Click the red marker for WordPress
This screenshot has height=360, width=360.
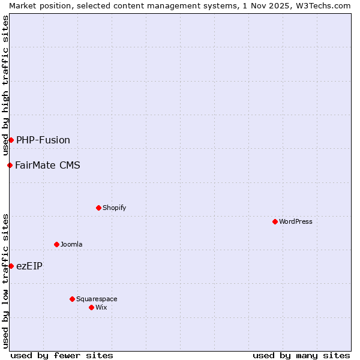(275, 221)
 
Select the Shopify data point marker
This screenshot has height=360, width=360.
(98, 208)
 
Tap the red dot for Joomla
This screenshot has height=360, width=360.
(56, 244)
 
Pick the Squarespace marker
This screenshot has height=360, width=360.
(72, 299)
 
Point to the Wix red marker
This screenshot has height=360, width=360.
(91, 307)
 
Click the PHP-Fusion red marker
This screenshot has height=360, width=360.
(11, 140)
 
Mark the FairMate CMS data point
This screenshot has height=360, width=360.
(10, 165)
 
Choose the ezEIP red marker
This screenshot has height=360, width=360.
(11, 266)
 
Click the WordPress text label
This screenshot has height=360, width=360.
(295, 221)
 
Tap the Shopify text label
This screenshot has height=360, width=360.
(114, 208)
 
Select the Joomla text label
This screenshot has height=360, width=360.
(71, 244)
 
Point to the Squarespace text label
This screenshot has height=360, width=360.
(97, 299)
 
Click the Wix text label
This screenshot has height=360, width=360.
(101, 307)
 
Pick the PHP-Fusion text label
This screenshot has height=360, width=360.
(43, 140)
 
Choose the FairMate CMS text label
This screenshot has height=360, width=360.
(47, 165)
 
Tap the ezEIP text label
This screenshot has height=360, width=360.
(29, 266)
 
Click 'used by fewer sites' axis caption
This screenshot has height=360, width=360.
(62, 355)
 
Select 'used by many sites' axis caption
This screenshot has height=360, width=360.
(301, 355)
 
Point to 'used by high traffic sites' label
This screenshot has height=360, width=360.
(5, 85)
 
